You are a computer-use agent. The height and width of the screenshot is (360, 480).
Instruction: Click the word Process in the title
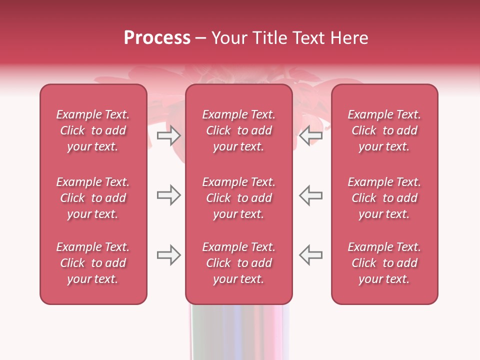click(157, 38)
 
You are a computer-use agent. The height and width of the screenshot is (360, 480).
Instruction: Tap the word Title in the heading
click(269, 38)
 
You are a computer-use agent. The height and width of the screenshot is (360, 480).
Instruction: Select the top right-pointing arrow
click(168, 135)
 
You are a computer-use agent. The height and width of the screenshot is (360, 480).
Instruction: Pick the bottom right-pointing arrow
click(168, 255)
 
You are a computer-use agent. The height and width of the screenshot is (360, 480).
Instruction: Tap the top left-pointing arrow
click(311, 135)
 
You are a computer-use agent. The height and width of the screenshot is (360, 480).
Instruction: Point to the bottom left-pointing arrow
click(311, 255)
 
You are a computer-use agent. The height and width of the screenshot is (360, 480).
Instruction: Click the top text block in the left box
click(93, 130)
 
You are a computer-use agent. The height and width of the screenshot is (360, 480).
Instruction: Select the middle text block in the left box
click(93, 198)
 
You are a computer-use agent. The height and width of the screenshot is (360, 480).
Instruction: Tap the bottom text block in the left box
click(93, 263)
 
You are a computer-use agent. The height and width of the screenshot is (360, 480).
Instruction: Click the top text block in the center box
click(238, 130)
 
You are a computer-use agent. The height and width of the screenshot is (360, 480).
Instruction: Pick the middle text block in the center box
click(238, 198)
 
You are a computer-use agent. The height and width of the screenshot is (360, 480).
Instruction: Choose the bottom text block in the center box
click(238, 263)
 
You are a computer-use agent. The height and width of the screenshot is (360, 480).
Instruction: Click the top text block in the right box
click(384, 130)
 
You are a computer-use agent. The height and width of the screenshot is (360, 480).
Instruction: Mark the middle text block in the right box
click(384, 198)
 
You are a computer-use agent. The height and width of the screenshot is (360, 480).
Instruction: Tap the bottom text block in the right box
click(384, 263)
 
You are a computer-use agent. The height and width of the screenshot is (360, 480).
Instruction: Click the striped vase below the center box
click(239, 332)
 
